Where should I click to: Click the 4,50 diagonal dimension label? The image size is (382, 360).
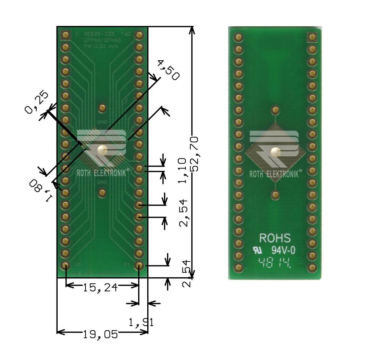pos(168,70)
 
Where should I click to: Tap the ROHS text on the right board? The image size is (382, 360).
pos(275,238)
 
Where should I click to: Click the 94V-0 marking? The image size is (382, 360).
pos(283,251)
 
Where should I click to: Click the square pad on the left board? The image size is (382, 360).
pos(66,35)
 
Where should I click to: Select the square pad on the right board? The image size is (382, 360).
pos(312,37)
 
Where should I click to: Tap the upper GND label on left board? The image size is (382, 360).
pos(102,122)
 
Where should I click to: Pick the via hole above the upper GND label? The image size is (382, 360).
pos(102,108)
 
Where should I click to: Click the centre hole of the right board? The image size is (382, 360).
pos(275,153)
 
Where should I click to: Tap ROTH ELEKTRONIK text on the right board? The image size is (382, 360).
pos(276,174)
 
